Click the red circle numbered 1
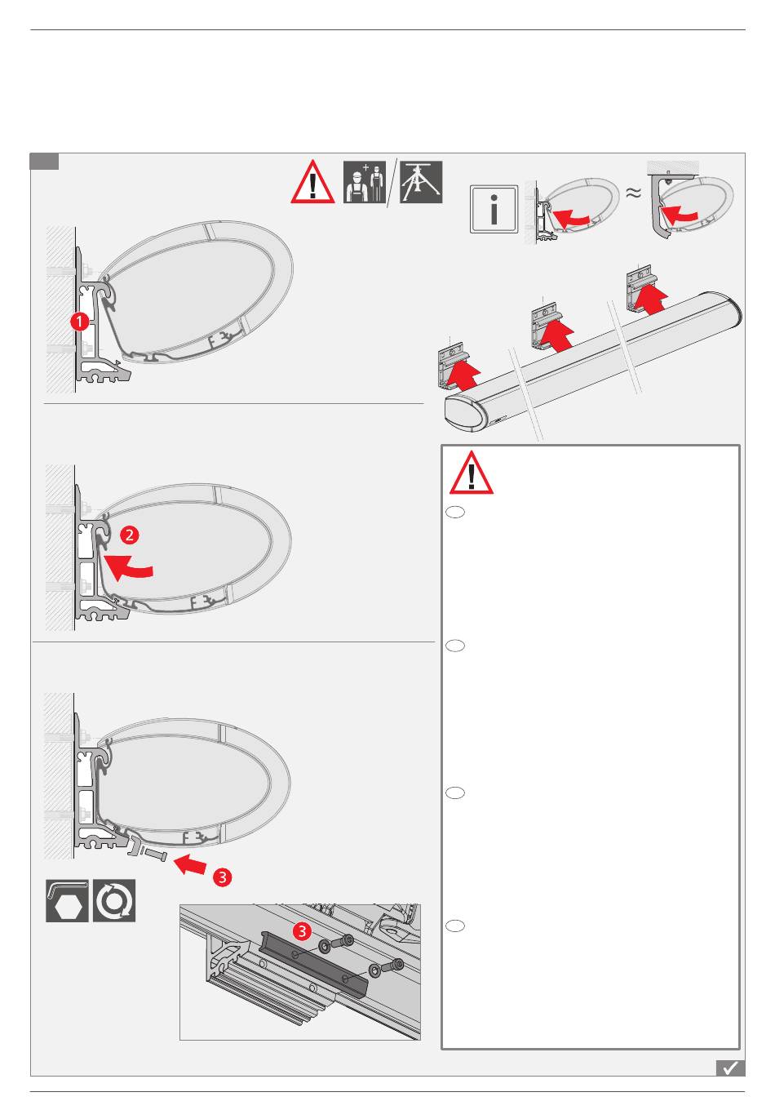click(x=79, y=321)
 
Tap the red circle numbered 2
click(x=129, y=535)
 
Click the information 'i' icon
click(x=494, y=209)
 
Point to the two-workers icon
click(x=365, y=182)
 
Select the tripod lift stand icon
click(x=420, y=182)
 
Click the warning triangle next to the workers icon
click(x=312, y=182)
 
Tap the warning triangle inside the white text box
click(x=471, y=473)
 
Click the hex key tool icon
click(x=67, y=900)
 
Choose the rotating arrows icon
click(x=114, y=900)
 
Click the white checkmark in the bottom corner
click(x=730, y=1068)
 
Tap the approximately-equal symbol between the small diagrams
click(x=633, y=193)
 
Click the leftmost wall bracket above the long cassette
click(x=453, y=365)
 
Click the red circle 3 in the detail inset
click(x=302, y=930)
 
